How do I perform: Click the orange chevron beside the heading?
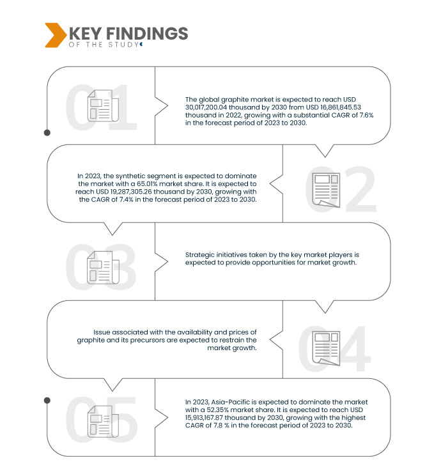point(56,35)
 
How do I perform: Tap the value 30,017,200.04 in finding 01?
point(206,107)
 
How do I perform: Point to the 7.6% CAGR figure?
point(366,115)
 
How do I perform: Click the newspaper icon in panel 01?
point(103,105)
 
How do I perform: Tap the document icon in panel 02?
point(326,190)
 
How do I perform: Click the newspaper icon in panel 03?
point(103,268)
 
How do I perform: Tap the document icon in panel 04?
point(326,348)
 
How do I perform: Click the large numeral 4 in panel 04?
point(354,348)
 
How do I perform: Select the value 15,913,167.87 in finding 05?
point(204,418)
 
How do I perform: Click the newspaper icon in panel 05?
point(103,421)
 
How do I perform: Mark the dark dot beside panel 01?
point(47,133)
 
